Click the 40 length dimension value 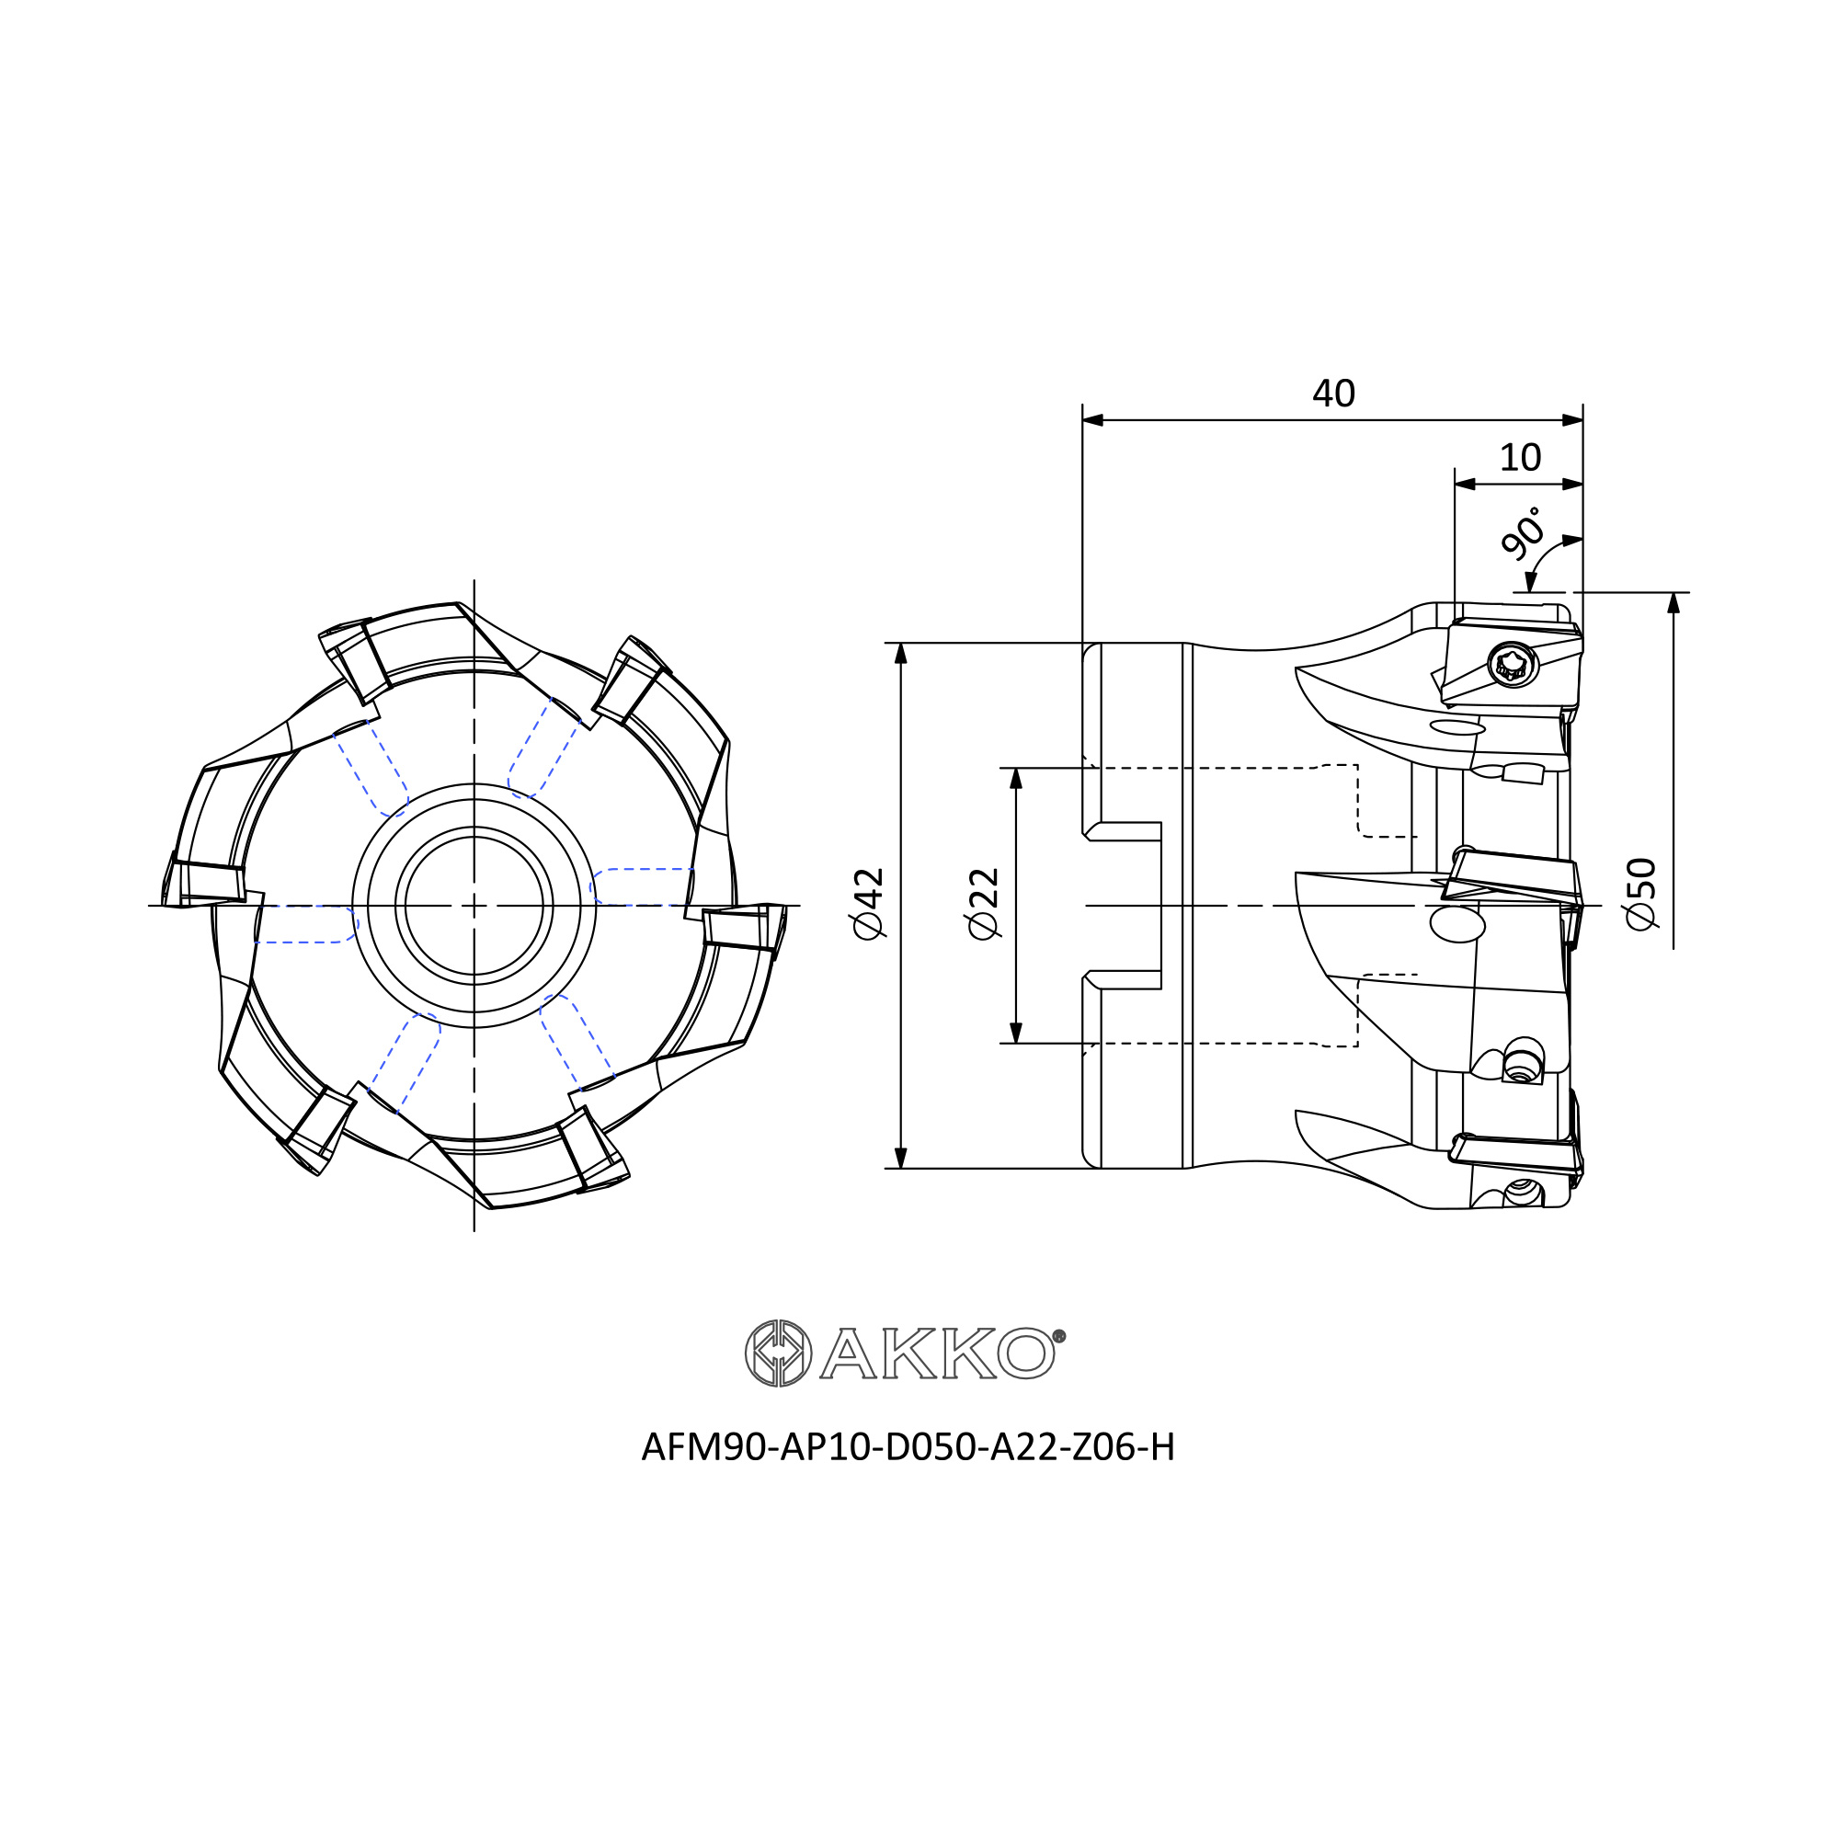point(1332,394)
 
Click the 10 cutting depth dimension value point(1519,459)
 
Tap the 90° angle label point(1520,532)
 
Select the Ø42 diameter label point(869,903)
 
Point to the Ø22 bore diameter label point(982,903)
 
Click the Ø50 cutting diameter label point(1641,894)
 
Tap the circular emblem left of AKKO point(778,1353)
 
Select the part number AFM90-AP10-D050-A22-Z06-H point(908,1446)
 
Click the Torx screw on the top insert point(1512,666)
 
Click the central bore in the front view point(474,905)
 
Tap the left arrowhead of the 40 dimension point(1092,421)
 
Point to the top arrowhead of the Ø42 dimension point(901,653)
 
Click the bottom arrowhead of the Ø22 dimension point(1016,1033)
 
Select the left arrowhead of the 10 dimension point(1465,485)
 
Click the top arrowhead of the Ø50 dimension point(1673,602)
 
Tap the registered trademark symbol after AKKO point(1059,1336)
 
